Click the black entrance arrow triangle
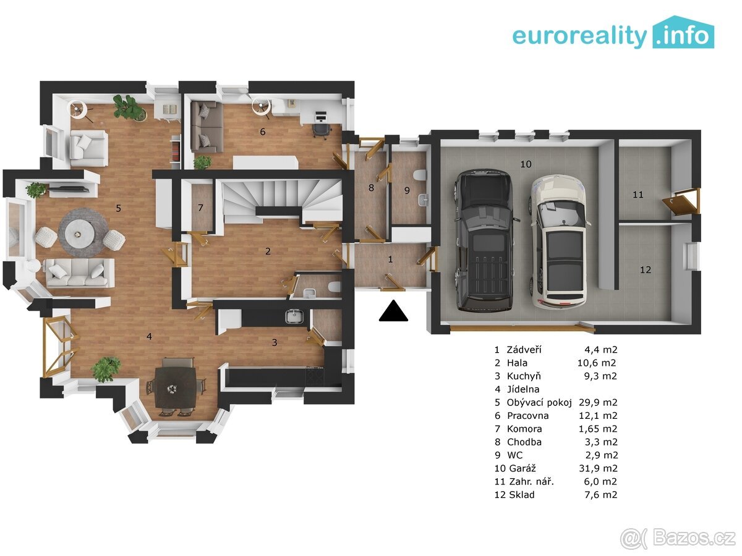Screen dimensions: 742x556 [x=393, y=311]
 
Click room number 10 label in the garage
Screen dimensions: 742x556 [x=526, y=164]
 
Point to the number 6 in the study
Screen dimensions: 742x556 [x=262, y=132]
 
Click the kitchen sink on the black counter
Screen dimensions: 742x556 [x=294, y=317]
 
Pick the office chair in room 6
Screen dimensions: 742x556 [x=321, y=130]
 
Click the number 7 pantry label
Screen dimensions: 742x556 [x=200, y=208]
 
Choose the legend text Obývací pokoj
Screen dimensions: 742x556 [x=539, y=402]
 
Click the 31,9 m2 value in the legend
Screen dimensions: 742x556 [x=598, y=468]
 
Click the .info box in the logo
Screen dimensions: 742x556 [x=683, y=32]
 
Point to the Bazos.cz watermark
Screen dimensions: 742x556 [x=678, y=538]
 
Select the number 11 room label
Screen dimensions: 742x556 [x=638, y=195]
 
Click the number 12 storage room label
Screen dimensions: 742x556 [x=646, y=270]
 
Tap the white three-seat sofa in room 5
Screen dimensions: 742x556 [x=80, y=272]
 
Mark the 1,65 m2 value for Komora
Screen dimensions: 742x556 [x=598, y=429]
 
